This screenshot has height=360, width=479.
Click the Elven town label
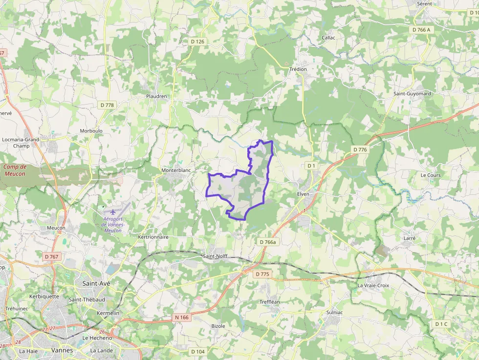click(x=304, y=194)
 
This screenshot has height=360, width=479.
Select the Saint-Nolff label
click(x=216, y=255)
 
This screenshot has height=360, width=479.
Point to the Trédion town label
click(x=298, y=69)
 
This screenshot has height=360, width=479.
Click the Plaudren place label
click(x=156, y=96)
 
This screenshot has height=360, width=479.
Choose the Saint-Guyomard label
click(x=412, y=93)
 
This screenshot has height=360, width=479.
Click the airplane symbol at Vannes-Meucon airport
click(x=113, y=212)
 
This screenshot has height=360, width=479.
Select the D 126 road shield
click(x=197, y=42)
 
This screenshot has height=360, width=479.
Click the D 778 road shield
click(x=107, y=105)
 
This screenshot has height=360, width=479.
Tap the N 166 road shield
click(x=181, y=318)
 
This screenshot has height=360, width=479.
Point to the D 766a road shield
click(x=267, y=242)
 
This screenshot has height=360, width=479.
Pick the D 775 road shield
click(x=262, y=274)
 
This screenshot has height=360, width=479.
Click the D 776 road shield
click(x=359, y=149)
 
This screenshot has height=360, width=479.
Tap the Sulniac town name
click(x=335, y=312)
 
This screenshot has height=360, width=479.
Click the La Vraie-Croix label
click(x=373, y=285)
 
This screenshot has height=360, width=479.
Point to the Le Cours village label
click(x=431, y=175)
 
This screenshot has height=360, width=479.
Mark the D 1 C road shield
click(x=441, y=324)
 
